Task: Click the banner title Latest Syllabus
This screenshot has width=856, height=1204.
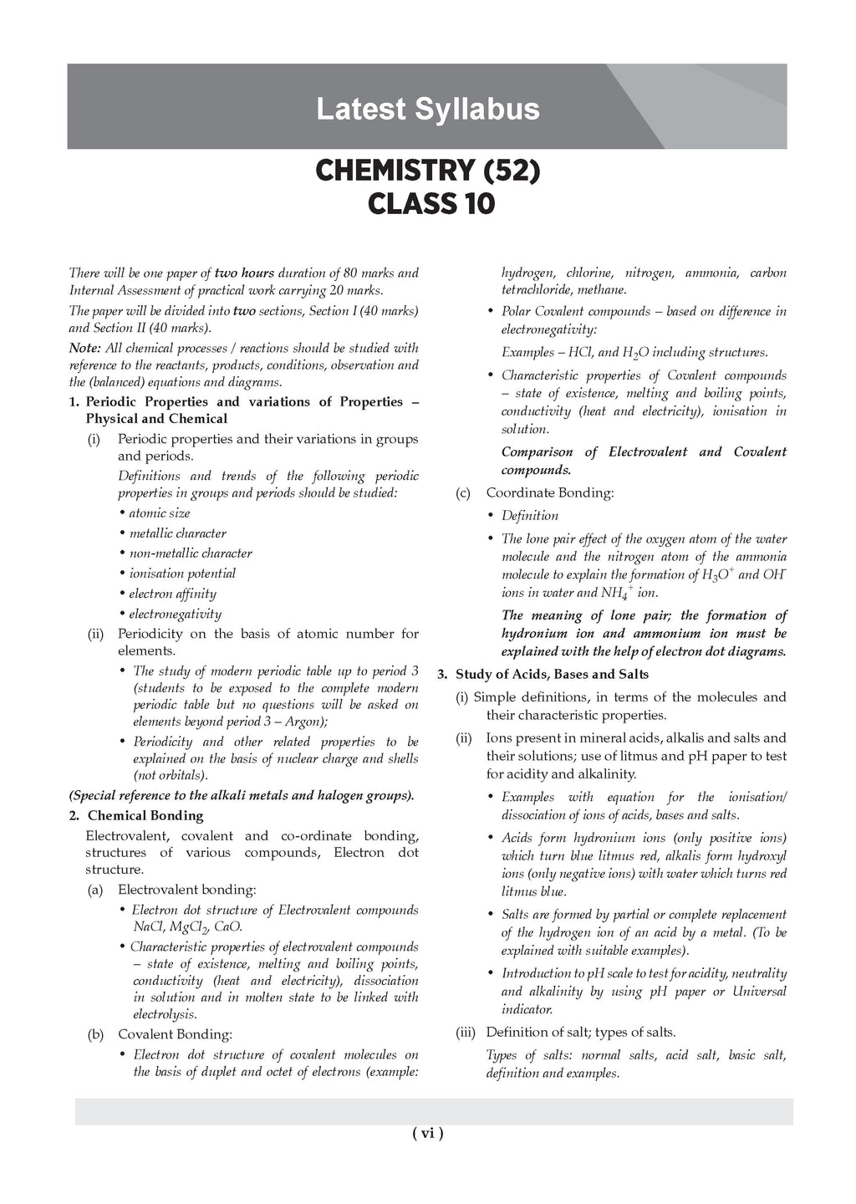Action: [427, 110]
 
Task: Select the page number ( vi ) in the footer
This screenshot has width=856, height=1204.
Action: [427, 1134]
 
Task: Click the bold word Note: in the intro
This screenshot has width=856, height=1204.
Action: [85, 348]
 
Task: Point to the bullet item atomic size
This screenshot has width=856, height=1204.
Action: [159, 513]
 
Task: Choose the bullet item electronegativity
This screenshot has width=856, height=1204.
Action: [175, 615]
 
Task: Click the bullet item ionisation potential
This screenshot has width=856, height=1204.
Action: [181, 574]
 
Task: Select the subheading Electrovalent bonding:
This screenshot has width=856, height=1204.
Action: [186, 890]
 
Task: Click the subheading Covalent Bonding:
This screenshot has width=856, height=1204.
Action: [175, 1035]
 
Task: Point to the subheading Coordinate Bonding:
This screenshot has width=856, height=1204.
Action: [549, 493]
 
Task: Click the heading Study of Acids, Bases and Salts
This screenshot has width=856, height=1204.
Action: [552, 675]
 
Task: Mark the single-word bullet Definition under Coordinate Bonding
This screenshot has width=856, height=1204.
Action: [529, 516]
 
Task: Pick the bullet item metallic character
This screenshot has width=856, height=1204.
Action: [177, 533]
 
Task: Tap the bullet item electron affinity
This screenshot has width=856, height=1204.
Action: [172, 594]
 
